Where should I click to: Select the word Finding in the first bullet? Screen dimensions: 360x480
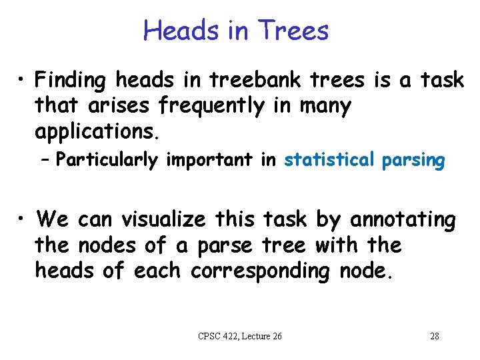pos(73,81)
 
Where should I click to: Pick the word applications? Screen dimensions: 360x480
pos(97,131)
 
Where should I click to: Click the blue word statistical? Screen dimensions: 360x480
pos(329,161)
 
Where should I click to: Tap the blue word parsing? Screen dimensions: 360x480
pos(413,161)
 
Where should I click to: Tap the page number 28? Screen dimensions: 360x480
pos(434,336)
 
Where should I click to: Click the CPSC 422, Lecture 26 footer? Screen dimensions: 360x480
pos(240,336)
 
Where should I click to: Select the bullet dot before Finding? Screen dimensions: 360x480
pos(22,81)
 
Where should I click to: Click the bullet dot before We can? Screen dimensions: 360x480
pos(22,220)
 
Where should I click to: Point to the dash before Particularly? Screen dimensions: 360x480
pos(47,161)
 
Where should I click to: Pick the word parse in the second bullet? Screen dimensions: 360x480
pos(225,245)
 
